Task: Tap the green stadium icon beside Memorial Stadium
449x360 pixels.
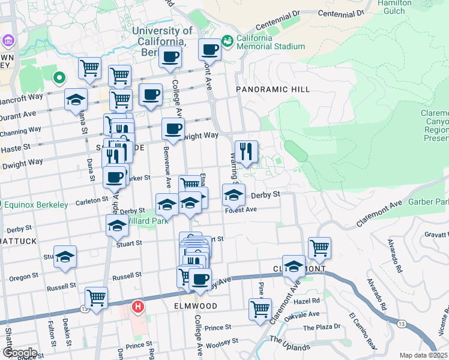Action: pyautogui.click(x=227, y=41)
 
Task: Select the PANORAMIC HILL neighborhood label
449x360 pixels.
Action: pyautogui.click(x=273, y=89)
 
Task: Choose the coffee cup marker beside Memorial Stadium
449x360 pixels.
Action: pyautogui.click(x=210, y=50)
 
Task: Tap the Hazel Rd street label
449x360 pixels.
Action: pyautogui.click(x=307, y=301)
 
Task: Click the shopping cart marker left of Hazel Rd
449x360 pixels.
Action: pyautogui.click(x=260, y=310)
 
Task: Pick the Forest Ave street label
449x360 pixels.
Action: pyautogui.click(x=241, y=210)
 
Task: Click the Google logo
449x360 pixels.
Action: pyautogui.click(x=20, y=352)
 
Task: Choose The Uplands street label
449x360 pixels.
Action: pyautogui.click(x=289, y=343)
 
